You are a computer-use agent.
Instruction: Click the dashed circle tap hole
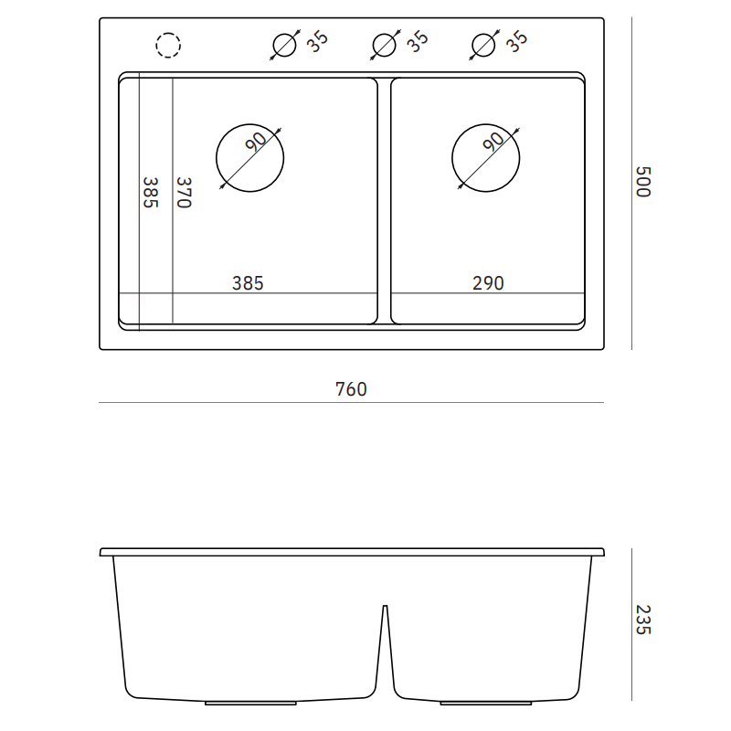click(x=169, y=45)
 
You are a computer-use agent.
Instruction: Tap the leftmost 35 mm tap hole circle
click(x=285, y=45)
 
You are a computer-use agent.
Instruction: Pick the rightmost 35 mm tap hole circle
click(x=484, y=45)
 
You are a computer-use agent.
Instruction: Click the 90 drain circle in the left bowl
click(x=249, y=158)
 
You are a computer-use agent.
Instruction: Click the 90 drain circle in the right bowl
click(x=486, y=158)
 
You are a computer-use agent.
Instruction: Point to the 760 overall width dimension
click(x=351, y=390)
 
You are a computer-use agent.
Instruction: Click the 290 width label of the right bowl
click(x=488, y=283)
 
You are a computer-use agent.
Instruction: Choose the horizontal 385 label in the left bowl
click(x=248, y=283)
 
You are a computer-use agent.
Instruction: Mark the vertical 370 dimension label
click(x=183, y=193)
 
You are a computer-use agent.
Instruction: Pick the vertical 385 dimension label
click(x=150, y=193)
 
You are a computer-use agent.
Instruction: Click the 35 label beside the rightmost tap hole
click(x=517, y=41)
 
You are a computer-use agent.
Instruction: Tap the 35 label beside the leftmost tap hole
click(x=318, y=41)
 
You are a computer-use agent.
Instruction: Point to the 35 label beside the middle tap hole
click(x=418, y=41)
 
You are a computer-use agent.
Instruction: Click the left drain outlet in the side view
click(x=250, y=703)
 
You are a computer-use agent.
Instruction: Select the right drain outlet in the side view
click(x=486, y=703)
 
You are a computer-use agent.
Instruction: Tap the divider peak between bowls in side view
click(x=385, y=607)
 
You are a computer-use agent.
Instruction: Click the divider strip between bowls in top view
click(x=385, y=201)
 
